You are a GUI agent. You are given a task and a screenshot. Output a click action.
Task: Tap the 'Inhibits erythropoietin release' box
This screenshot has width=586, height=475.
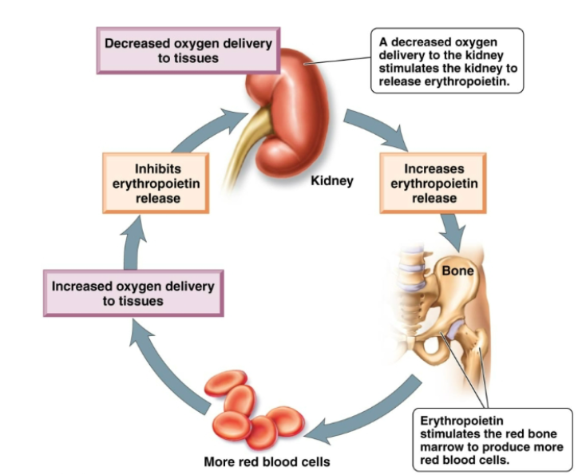tap(156, 182)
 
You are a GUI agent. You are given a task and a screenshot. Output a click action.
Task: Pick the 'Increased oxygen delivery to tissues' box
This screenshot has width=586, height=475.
tap(133, 293)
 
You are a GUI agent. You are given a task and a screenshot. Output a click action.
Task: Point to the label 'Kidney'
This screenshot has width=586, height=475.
tap(331, 181)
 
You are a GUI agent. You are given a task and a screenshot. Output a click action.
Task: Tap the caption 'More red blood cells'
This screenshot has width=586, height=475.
tap(267, 461)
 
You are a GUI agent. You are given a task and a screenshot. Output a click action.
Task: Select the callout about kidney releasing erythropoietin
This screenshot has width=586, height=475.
tap(447, 61)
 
